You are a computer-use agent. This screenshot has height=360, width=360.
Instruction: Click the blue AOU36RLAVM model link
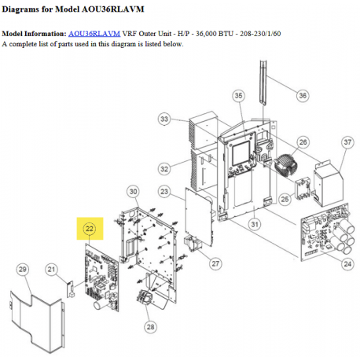[x=94, y=34]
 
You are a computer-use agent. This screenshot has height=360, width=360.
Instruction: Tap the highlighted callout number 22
[x=90, y=229]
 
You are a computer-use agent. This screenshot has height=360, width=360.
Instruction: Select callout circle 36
[x=303, y=95]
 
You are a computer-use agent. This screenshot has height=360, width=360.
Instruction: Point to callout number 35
[x=238, y=96]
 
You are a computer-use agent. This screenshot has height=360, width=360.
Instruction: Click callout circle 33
[x=164, y=119]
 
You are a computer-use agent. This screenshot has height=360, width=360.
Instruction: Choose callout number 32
[x=164, y=169]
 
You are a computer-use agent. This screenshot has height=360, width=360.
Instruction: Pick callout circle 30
[x=134, y=192]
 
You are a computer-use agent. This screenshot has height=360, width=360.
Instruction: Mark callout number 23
[x=164, y=192]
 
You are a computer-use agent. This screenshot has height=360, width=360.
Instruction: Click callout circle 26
[x=303, y=142]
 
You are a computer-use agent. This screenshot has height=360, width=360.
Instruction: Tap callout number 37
[x=347, y=142]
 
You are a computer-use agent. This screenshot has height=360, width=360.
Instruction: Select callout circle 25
[x=285, y=199]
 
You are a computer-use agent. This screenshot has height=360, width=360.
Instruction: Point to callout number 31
[x=255, y=224]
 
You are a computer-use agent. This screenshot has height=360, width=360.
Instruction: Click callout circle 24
[x=347, y=264]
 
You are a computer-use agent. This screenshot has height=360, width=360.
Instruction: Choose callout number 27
[x=215, y=263]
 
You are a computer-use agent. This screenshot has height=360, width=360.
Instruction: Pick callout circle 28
[x=151, y=327]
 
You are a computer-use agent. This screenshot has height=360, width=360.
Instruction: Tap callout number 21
[x=51, y=270]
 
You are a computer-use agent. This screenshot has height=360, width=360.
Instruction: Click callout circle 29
[x=23, y=270]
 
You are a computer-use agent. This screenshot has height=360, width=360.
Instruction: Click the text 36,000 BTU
[x=215, y=34]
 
